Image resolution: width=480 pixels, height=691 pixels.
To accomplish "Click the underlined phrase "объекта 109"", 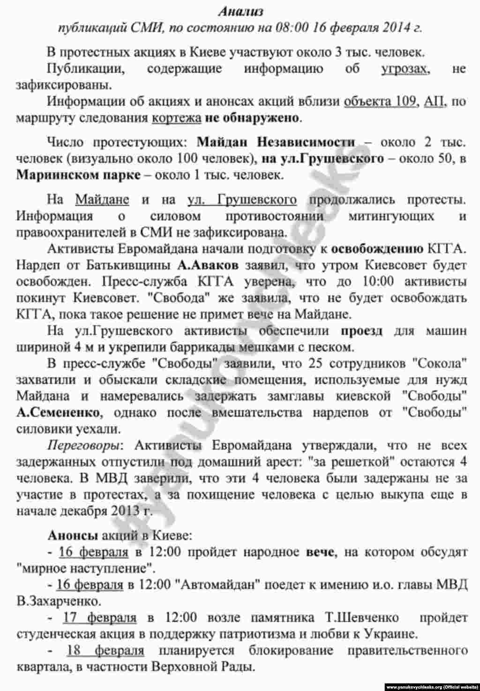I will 380,101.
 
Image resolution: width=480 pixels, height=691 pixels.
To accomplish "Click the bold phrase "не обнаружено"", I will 252,117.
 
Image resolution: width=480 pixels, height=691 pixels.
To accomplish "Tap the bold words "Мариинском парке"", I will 79,175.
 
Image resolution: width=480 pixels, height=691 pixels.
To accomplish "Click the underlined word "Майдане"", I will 102,200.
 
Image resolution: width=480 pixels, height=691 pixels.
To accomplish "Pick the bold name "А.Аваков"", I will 209,265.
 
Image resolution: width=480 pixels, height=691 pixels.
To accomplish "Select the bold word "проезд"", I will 361,330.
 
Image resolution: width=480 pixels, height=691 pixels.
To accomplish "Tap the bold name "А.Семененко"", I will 58,413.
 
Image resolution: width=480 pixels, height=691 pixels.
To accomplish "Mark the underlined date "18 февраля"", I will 105,650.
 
